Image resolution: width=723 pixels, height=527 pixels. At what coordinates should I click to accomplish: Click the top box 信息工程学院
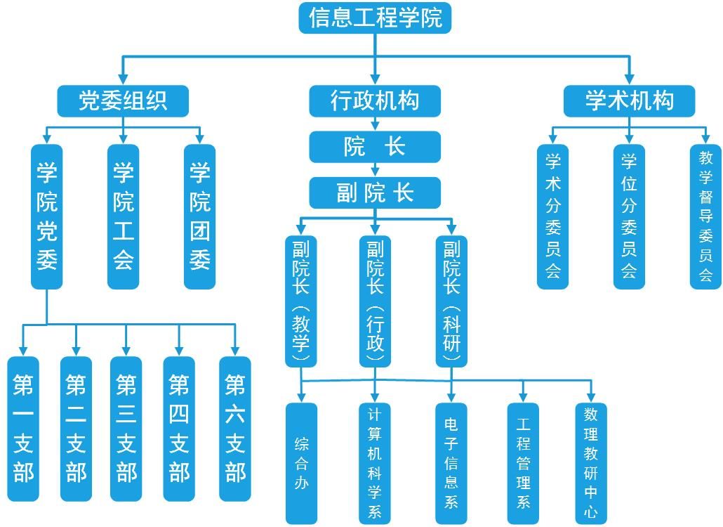(x=375, y=18)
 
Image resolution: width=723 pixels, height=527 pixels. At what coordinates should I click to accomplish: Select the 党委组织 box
(x=123, y=100)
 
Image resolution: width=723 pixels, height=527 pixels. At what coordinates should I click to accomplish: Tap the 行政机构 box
(x=375, y=100)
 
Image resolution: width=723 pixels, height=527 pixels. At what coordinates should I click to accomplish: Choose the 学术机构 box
(x=629, y=100)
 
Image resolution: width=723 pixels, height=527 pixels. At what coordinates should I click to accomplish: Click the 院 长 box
(x=375, y=147)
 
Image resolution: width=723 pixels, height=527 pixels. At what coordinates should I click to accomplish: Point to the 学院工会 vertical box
(x=124, y=216)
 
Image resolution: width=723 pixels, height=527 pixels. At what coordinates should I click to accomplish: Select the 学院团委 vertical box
(x=200, y=216)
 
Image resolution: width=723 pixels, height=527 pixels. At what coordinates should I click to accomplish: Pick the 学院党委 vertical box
(x=47, y=216)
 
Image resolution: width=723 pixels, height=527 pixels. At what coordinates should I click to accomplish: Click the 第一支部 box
(x=23, y=429)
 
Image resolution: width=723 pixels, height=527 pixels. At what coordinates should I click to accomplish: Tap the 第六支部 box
(x=235, y=429)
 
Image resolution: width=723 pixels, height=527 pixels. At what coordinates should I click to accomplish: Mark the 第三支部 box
(x=126, y=429)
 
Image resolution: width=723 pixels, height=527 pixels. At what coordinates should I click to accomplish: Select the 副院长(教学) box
(x=300, y=301)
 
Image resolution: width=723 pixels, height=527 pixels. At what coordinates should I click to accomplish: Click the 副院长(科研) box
(x=451, y=301)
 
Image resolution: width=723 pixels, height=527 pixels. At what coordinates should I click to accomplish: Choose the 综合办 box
(x=301, y=463)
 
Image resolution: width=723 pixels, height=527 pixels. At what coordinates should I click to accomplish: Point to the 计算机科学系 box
(x=375, y=463)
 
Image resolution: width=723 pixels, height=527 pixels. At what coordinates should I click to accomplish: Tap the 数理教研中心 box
(x=591, y=463)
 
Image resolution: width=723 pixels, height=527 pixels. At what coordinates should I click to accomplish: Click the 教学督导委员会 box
(x=705, y=216)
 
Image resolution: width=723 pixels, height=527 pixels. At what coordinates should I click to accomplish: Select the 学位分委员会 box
(x=629, y=216)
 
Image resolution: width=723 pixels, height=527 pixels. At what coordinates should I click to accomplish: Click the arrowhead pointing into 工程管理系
(x=523, y=397)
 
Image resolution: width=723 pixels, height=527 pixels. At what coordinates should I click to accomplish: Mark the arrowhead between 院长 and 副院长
(x=375, y=171)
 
